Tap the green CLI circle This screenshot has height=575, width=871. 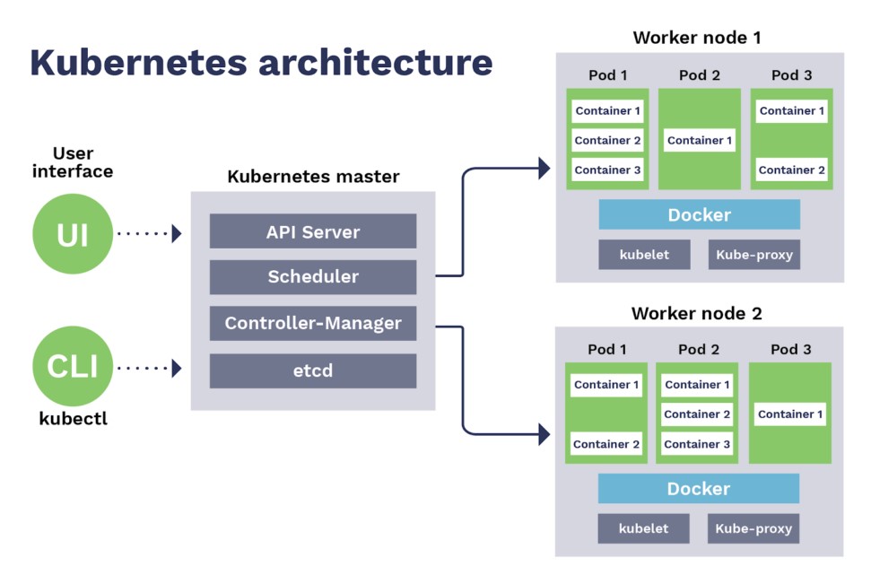click(73, 366)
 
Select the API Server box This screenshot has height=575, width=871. click(313, 231)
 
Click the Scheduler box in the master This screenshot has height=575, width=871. click(313, 277)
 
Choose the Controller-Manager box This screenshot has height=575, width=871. click(313, 323)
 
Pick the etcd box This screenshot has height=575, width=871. click(313, 370)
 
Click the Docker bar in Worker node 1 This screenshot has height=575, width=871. click(699, 215)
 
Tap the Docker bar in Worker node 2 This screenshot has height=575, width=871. click(699, 489)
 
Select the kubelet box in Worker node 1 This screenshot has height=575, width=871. click(644, 255)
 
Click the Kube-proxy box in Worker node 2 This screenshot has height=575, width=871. click(753, 528)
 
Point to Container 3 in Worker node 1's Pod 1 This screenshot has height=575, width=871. click(607, 170)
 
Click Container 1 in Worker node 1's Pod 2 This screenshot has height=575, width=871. click(700, 140)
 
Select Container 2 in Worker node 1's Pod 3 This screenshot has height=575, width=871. click(791, 170)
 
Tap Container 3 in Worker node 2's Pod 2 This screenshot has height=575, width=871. click(697, 444)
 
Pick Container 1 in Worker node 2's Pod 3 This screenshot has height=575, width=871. click(790, 414)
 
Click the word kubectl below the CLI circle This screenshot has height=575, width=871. click(73, 419)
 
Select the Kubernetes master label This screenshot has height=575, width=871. click(313, 177)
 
